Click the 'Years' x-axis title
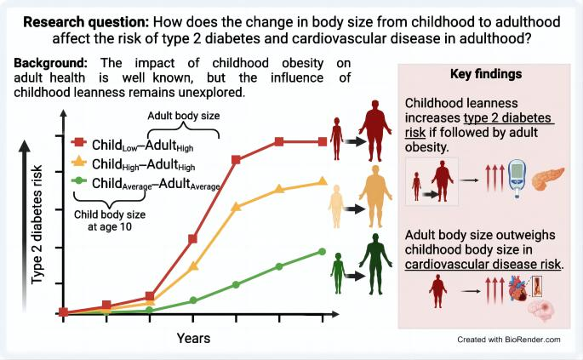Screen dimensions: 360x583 (x=193, y=338)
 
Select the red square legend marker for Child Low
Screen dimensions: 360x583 (x=79, y=140)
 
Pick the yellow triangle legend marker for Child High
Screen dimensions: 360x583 (x=79, y=161)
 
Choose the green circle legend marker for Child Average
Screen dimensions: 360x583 (x=79, y=180)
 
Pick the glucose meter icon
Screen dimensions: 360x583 (x=517, y=180)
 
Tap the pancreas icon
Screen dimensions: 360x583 (x=547, y=180)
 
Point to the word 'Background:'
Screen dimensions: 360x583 (x=52, y=65)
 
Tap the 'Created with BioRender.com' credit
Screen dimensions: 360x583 (x=508, y=339)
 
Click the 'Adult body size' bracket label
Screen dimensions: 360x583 (x=183, y=115)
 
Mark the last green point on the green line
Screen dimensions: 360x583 (x=323, y=251)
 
